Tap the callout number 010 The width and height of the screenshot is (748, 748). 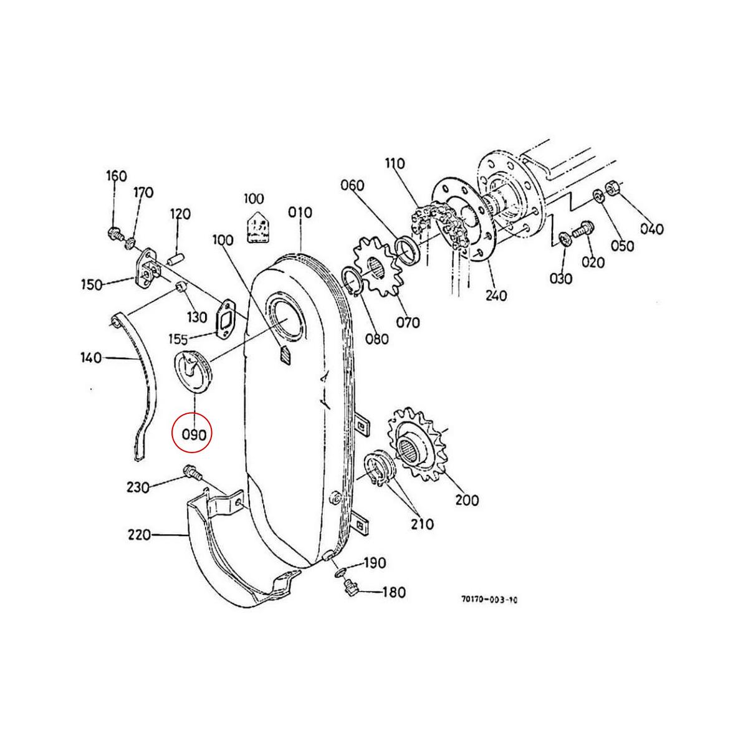[x=300, y=213]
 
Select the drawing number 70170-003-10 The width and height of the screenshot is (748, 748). [x=489, y=600]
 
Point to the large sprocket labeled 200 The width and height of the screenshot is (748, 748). [x=416, y=444]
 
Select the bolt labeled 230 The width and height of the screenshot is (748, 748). [x=191, y=474]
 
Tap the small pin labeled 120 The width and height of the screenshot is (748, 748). [x=177, y=256]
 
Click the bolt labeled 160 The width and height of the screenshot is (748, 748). [x=115, y=234]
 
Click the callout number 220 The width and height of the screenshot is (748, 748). [x=139, y=535]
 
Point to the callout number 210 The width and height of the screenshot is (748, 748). [x=421, y=524]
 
